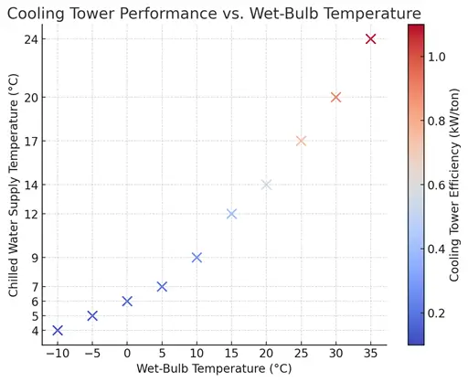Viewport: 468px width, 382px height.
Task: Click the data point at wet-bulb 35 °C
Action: point(370,38)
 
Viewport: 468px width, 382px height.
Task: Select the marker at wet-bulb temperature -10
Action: point(58,330)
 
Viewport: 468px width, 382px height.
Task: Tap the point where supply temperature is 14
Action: point(266,185)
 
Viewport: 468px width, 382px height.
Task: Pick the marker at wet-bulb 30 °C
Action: point(335,97)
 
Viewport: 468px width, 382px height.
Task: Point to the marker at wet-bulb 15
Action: point(231,214)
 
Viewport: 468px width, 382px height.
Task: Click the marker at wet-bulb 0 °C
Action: point(127,301)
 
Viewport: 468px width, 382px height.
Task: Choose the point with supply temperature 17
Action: point(301,141)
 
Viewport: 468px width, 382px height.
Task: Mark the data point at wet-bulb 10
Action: point(197,258)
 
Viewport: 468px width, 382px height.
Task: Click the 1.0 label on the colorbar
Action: point(436,56)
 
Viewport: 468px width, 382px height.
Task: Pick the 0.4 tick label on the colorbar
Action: point(436,249)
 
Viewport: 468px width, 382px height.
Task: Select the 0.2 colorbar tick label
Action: point(436,313)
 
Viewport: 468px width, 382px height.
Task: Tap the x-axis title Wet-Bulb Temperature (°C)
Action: point(214,368)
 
